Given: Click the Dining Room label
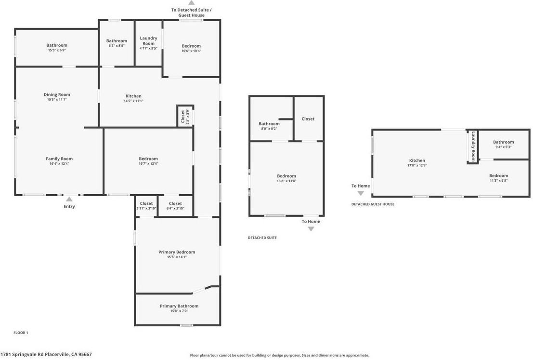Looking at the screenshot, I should pyautogui.click(x=57, y=94).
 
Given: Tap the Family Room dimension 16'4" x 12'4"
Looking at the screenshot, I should pyautogui.click(x=59, y=164).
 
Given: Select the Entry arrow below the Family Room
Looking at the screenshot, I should pyautogui.click(x=69, y=199).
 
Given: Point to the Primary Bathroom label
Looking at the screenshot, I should pyautogui.click(x=179, y=306).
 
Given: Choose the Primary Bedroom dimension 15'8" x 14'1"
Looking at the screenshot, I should pyautogui.click(x=177, y=257).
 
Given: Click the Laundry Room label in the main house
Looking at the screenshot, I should pyautogui.click(x=148, y=41).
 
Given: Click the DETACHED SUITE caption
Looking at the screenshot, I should pyautogui.click(x=262, y=238).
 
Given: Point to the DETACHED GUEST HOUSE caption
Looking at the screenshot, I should pyautogui.click(x=372, y=204).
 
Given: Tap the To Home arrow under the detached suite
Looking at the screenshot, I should pyautogui.click(x=311, y=229).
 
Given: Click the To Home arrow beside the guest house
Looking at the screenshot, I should pyautogui.click(x=361, y=193).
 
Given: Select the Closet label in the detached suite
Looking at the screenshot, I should pyautogui.click(x=308, y=119).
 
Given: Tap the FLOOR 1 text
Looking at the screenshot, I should pyautogui.click(x=21, y=333).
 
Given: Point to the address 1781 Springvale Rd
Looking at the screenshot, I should pyautogui.click(x=46, y=354).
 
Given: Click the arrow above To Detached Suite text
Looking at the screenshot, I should pyautogui.click(x=191, y=3).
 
